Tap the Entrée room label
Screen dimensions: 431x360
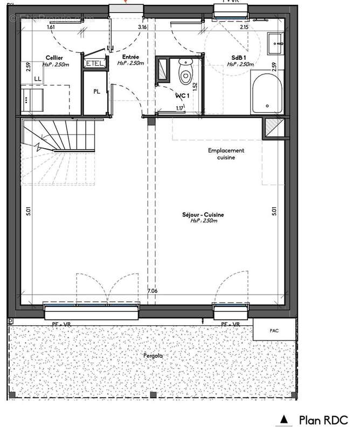point(130,57)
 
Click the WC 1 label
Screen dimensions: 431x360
point(181,95)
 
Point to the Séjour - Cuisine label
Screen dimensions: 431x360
point(203,214)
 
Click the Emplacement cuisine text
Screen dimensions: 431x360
point(226,154)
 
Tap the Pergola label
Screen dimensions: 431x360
point(153,356)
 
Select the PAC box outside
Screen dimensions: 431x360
point(275,328)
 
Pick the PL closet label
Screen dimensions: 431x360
point(96,91)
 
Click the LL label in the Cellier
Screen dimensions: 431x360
point(37,79)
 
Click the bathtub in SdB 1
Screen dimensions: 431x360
point(265,94)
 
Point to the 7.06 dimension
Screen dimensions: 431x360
point(153,291)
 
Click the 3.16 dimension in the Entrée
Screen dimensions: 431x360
point(142,26)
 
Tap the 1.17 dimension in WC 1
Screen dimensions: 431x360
point(179,108)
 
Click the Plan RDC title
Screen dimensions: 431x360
point(323,420)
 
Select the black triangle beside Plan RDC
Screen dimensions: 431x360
point(283,420)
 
